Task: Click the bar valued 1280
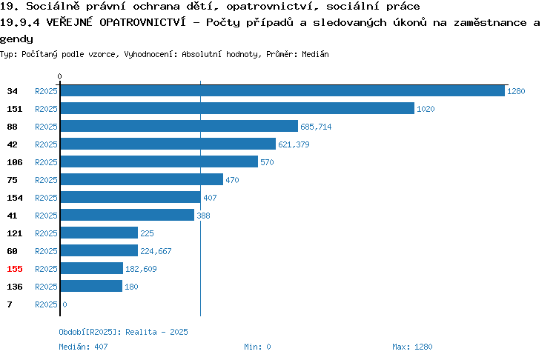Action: coord(282,90)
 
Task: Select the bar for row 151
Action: coord(237,108)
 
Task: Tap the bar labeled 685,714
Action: coord(179,126)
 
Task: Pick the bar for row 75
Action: coord(142,179)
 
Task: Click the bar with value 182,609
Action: coord(92,268)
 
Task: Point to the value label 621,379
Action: coord(294,144)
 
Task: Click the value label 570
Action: coord(267,162)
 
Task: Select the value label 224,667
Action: coord(156,251)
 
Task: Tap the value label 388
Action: coord(203,216)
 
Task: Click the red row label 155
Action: coord(15,269)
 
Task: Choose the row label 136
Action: coord(15,287)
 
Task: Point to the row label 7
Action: coord(10,304)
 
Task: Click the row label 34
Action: coord(12,91)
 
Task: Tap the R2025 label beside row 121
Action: coord(46,233)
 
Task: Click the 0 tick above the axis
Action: coord(59,76)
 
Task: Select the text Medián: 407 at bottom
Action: coord(83,347)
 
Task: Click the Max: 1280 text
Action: coord(412,347)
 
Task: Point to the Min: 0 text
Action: coord(257,347)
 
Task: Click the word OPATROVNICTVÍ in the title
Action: coord(142,22)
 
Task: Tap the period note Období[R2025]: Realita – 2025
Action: coord(123,332)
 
